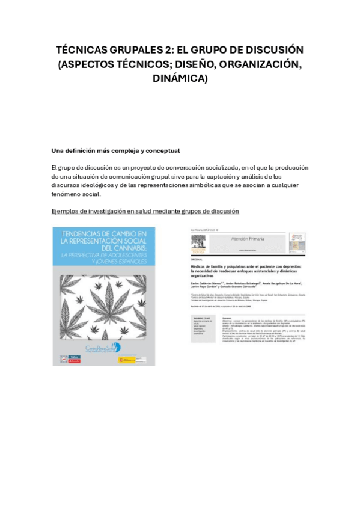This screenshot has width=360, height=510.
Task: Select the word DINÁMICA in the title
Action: [180, 78]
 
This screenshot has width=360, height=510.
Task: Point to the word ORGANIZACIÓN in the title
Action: [255, 64]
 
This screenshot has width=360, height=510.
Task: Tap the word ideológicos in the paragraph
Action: [95, 185]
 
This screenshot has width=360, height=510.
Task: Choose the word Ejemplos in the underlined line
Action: [66, 211]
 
